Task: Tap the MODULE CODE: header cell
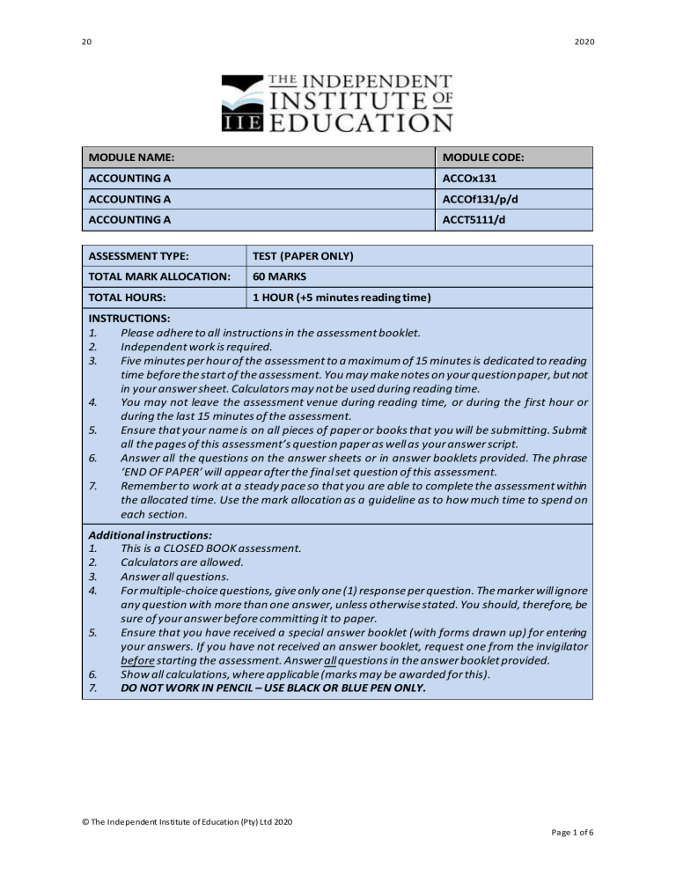click(483, 158)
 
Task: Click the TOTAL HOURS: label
click(128, 298)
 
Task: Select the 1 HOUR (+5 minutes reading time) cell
click(342, 298)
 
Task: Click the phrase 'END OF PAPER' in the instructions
click(163, 472)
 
